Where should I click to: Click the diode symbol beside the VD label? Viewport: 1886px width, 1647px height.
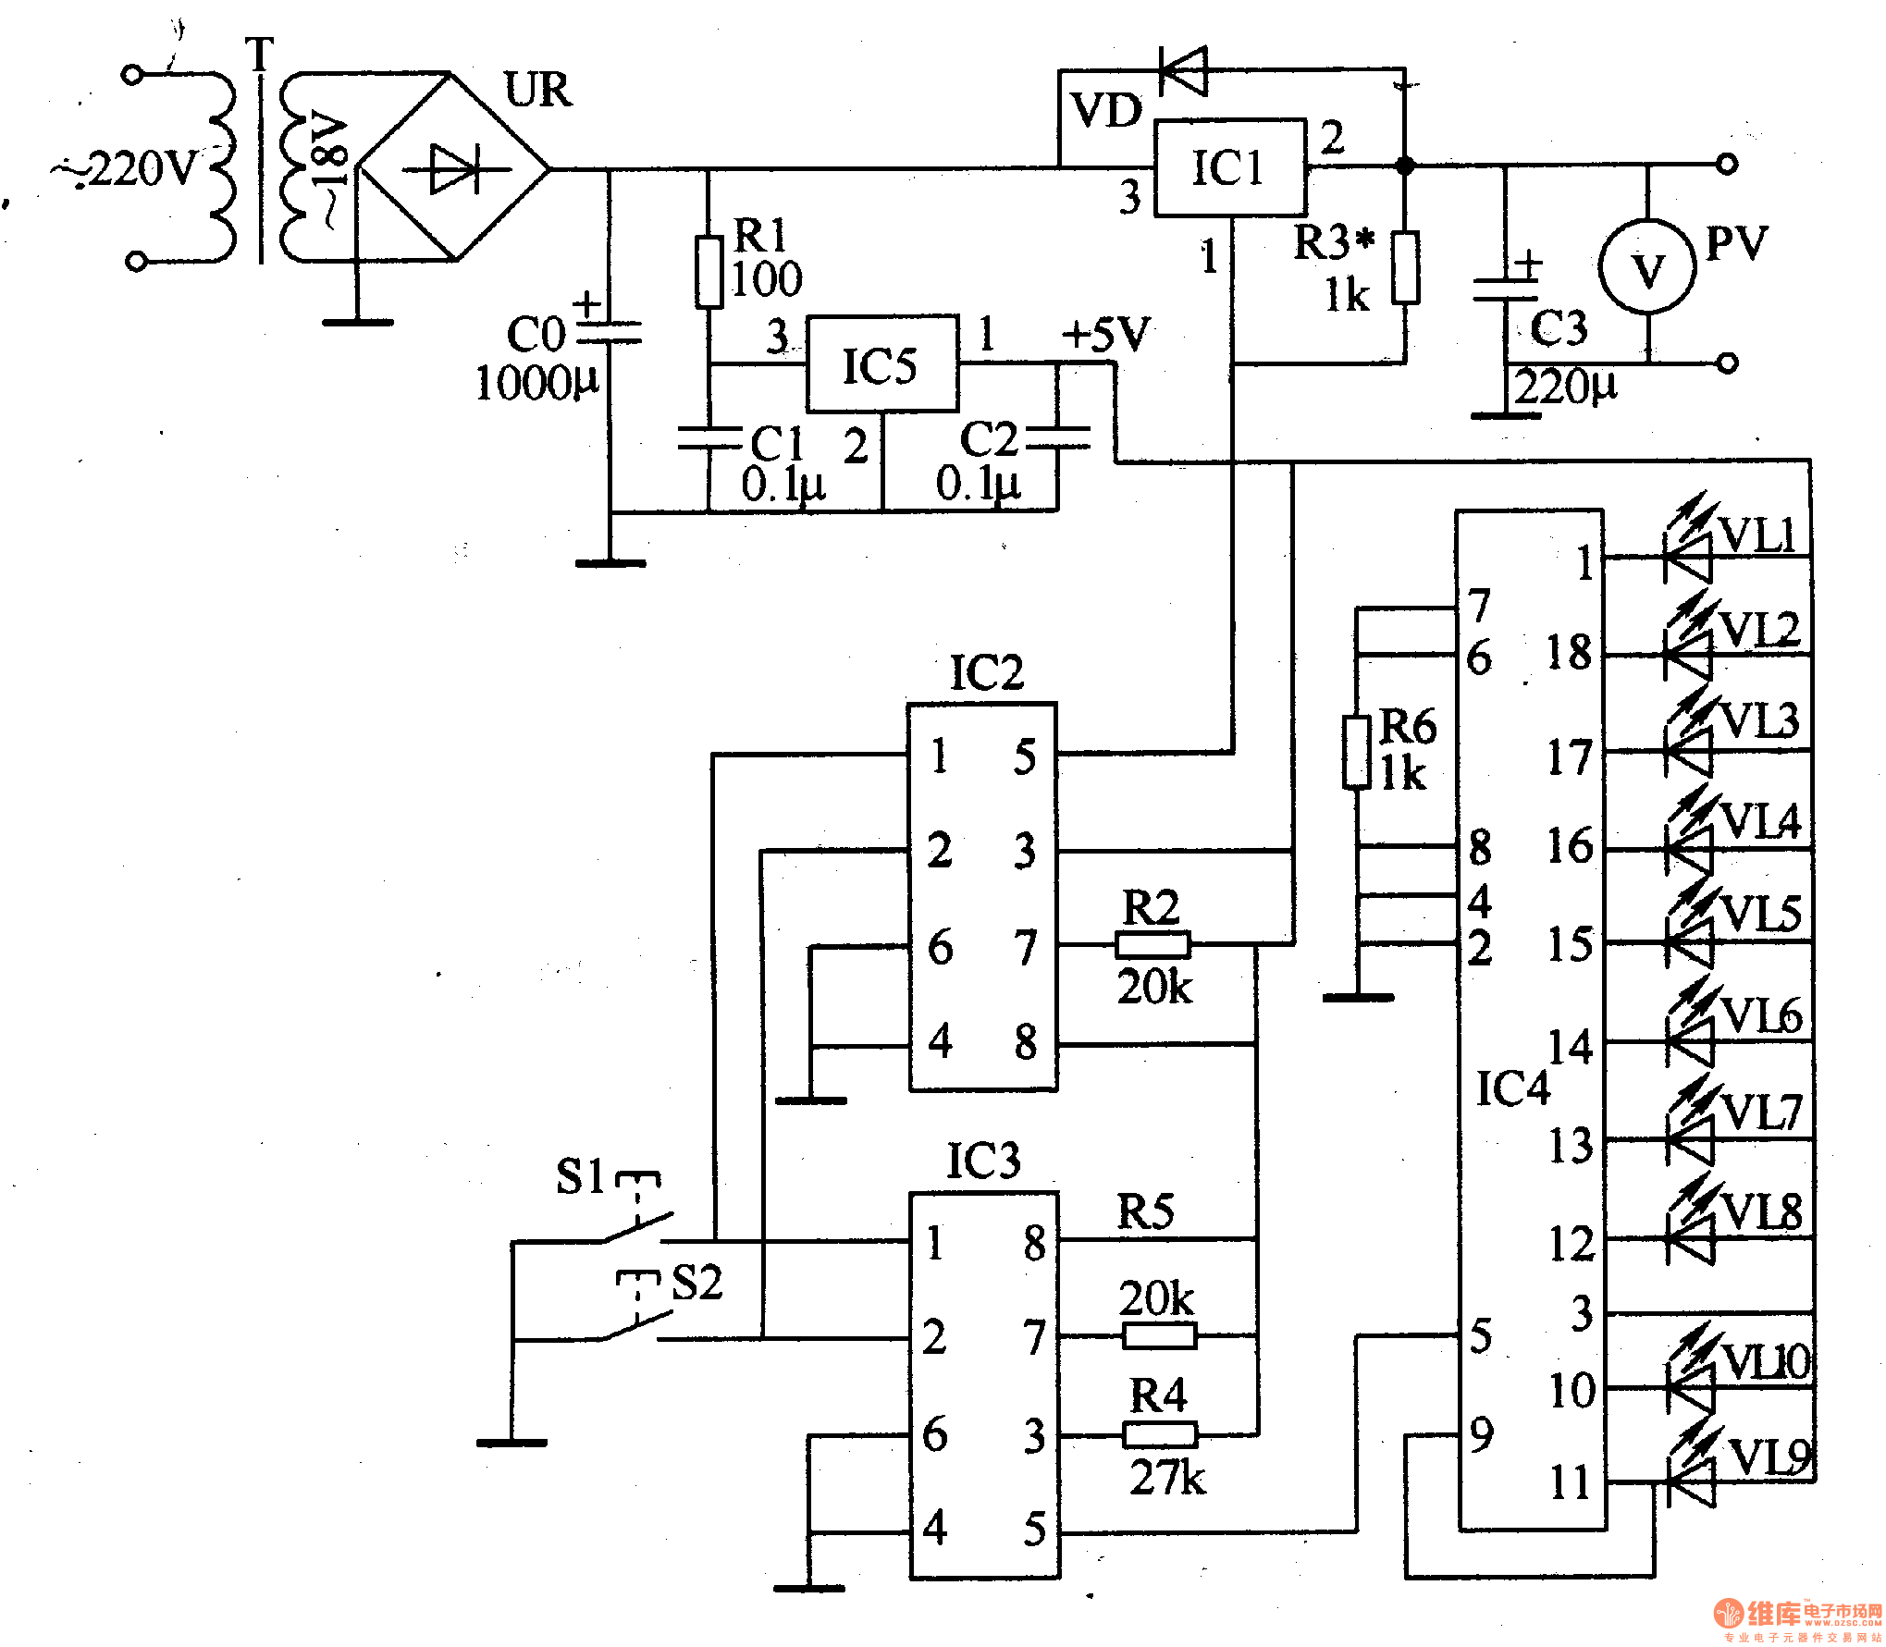click(x=1184, y=69)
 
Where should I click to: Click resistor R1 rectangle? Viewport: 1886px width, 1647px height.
click(x=709, y=272)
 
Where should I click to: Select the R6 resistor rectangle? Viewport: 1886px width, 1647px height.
click(x=1356, y=752)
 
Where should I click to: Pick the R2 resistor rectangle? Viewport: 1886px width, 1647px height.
click(x=1153, y=944)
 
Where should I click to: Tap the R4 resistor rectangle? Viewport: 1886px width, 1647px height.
click(x=1160, y=1434)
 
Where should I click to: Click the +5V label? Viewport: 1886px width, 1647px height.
click(x=1106, y=334)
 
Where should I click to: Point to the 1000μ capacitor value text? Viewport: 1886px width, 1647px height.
click(x=536, y=382)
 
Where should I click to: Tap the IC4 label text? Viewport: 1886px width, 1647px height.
click(x=1512, y=1088)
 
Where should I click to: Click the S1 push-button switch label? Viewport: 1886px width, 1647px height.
click(x=580, y=1176)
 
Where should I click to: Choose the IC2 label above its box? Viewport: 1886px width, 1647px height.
click(x=987, y=672)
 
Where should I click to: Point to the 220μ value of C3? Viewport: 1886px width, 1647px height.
click(x=1566, y=386)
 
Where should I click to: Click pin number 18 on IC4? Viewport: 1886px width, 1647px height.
click(x=1570, y=653)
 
